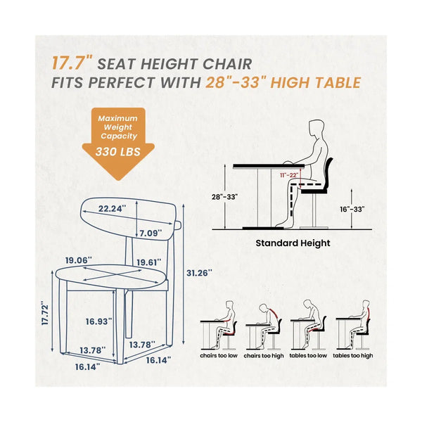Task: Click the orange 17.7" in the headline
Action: point(72,63)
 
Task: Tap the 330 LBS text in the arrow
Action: point(118,152)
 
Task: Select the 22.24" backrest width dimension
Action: point(112,209)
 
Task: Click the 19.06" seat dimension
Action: point(79,260)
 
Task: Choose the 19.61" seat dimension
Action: point(149,262)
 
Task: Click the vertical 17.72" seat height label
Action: point(45,314)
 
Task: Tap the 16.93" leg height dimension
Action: point(98,321)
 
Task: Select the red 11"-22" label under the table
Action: point(289,175)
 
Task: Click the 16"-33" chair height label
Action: point(352,210)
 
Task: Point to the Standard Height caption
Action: point(293,243)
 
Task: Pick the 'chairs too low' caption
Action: point(219,355)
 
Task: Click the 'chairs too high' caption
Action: point(264,356)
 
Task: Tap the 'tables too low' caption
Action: point(308,355)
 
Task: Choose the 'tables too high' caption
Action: point(353,356)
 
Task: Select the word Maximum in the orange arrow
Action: point(117,118)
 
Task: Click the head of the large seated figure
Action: point(316,129)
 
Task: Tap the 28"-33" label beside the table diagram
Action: point(224,197)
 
